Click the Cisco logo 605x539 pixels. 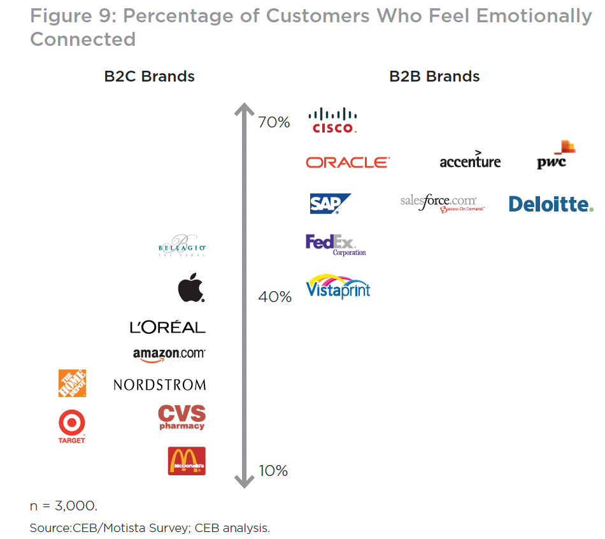click(332, 120)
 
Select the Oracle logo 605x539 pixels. click(348, 162)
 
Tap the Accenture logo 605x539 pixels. click(470, 161)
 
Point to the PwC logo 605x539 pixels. click(555, 155)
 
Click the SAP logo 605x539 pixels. click(329, 203)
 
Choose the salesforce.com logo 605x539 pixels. click(443, 203)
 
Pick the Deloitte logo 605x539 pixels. click(551, 204)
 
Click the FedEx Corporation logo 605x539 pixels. click(336, 245)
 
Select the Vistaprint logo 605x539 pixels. click(338, 287)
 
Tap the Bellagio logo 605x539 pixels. click(181, 247)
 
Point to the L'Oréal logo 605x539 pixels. click(167, 327)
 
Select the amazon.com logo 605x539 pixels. click(169, 355)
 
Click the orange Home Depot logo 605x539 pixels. click(72, 383)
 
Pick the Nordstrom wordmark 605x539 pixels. click(160, 385)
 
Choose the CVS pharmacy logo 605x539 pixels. click(181, 417)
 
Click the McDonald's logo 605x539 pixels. click(186, 461)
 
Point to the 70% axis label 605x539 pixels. click(274, 122)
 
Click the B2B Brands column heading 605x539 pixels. click(434, 76)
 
